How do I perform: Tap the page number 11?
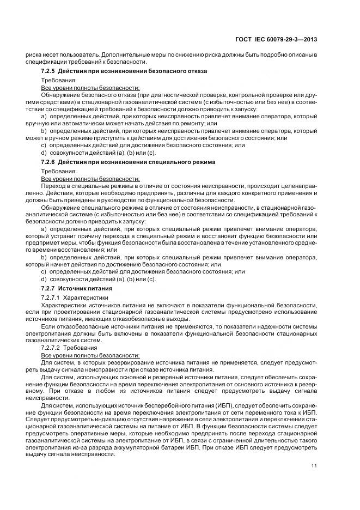314,465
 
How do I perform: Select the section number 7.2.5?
48,71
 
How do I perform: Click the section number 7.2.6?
48,162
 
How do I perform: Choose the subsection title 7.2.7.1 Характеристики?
75,297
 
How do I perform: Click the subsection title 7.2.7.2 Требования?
69,347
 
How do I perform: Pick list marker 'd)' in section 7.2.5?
44,152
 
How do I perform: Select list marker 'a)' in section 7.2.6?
44,229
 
